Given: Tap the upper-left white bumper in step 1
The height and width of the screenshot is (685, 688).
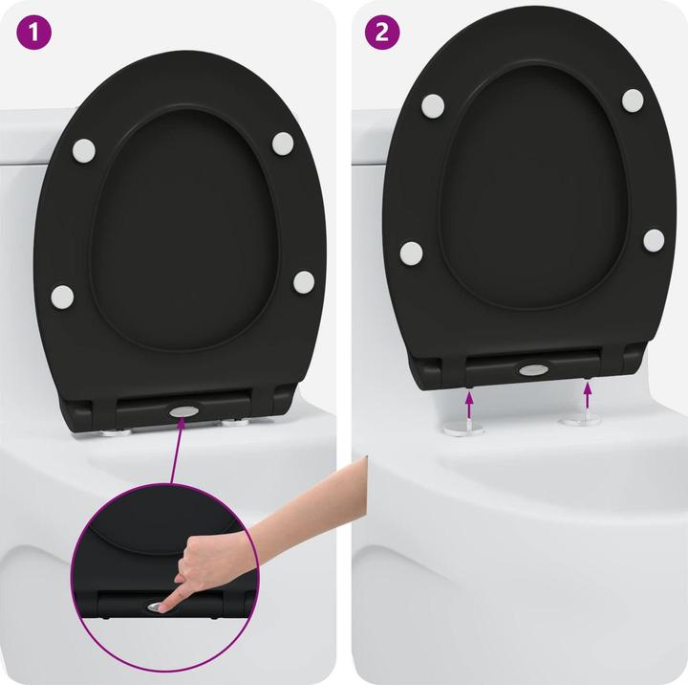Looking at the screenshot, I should pyautogui.click(x=84, y=150).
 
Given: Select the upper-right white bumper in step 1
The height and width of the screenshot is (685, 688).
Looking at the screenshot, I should pyautogui.click(x=283, y=143).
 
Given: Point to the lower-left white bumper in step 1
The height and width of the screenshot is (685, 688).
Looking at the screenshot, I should pyautogui.click(x=62, y=296).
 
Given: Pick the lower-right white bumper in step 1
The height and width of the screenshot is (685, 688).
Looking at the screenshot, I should pyautogui.click(x=304, y=281).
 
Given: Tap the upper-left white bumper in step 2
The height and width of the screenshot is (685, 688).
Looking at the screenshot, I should pyautogui.click(x=433, y=105).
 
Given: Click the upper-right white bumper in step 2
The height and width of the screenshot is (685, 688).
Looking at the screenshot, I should pyautogui.click(x=633, y=99).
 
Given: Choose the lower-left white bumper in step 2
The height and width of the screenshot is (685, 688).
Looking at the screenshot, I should pyautogui.click(x=411, y=253).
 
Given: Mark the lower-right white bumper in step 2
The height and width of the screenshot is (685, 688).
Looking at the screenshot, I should pyautogui.click(x=654, y=239).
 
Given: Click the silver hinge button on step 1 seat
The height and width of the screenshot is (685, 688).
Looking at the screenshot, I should pyautogui.click(x=181, y=411).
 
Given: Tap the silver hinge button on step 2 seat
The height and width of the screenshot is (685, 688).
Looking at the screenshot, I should pyautogui.click(x=531, y=369).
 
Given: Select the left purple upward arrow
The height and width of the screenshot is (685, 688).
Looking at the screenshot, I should pyautogui.click(x=469, y=394).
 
